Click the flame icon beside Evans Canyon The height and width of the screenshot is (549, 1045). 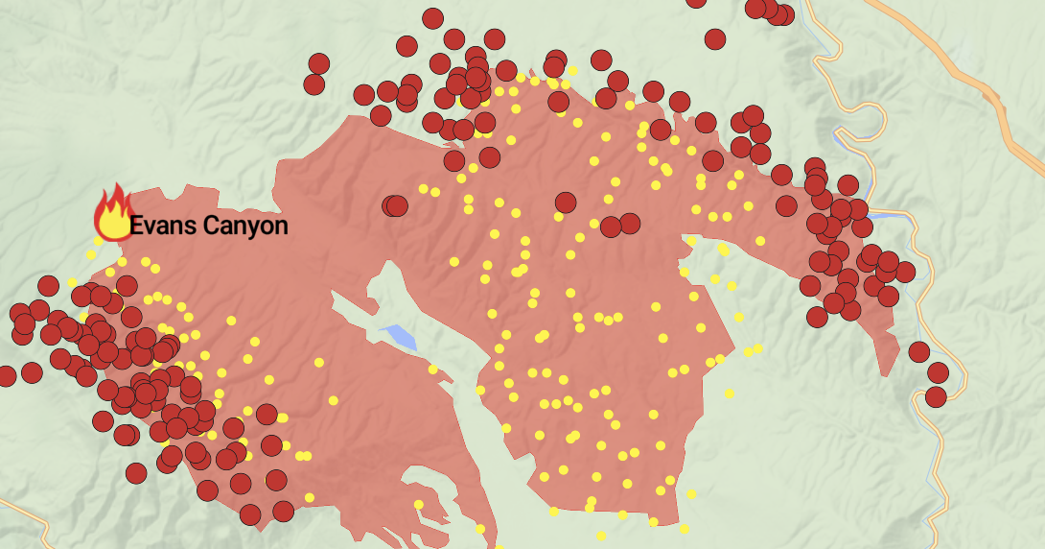point(113,213)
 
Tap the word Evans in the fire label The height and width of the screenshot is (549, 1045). point(159,227)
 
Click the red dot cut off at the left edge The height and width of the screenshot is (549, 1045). point(6,375)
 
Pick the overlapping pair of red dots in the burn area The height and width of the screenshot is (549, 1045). point(394,205)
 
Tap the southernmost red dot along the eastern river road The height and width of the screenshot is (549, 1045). point(936,395)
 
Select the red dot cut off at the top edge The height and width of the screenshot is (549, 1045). point(697,2)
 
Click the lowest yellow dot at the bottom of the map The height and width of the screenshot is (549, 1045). point(601,536)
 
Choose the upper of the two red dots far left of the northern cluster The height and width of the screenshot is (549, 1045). point(319,63)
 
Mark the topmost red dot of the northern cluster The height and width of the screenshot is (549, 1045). point(432,18)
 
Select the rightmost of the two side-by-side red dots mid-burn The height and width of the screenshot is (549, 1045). point(629,224)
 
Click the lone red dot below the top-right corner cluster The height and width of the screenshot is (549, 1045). point(715,39)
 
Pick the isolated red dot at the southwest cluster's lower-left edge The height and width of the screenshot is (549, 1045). point(136,472)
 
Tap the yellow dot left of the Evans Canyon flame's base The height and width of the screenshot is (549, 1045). point(91,254)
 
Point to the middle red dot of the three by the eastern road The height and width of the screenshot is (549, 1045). point(938,372)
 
